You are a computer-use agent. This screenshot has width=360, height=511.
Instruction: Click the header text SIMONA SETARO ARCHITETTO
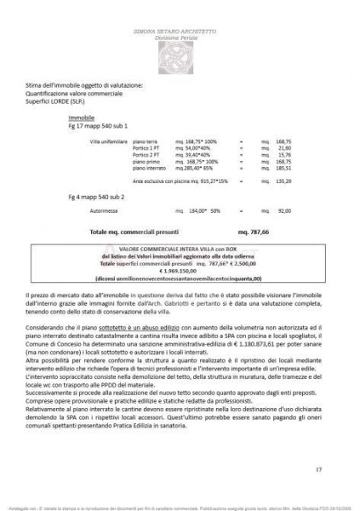coord(180,30)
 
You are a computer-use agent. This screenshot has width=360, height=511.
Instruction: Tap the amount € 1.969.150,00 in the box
coord(179,270)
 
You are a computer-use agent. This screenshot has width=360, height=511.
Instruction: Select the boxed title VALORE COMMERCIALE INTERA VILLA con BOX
coord(179,250)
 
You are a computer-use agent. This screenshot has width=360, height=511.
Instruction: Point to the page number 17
coord(318,469)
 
